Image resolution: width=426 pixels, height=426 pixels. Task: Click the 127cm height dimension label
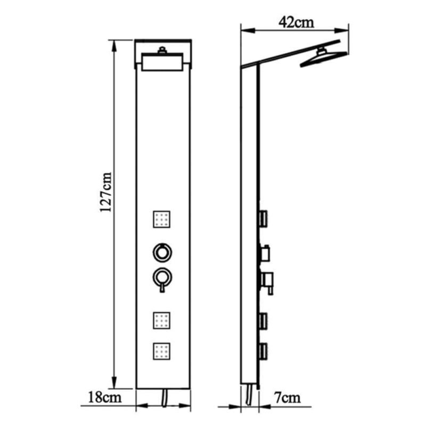105,192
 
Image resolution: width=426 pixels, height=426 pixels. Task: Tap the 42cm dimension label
296,22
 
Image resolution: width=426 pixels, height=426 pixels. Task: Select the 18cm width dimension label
104,397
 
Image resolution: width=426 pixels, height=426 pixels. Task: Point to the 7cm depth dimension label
288,398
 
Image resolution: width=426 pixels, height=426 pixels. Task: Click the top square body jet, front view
162,219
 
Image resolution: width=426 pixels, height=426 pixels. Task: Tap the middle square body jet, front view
162,321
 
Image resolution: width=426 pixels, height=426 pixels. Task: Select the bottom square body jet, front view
162,351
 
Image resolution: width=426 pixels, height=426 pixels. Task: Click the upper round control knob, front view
162,252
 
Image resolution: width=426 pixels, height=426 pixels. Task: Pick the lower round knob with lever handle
162,280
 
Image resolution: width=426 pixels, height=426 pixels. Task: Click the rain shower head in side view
323,58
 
